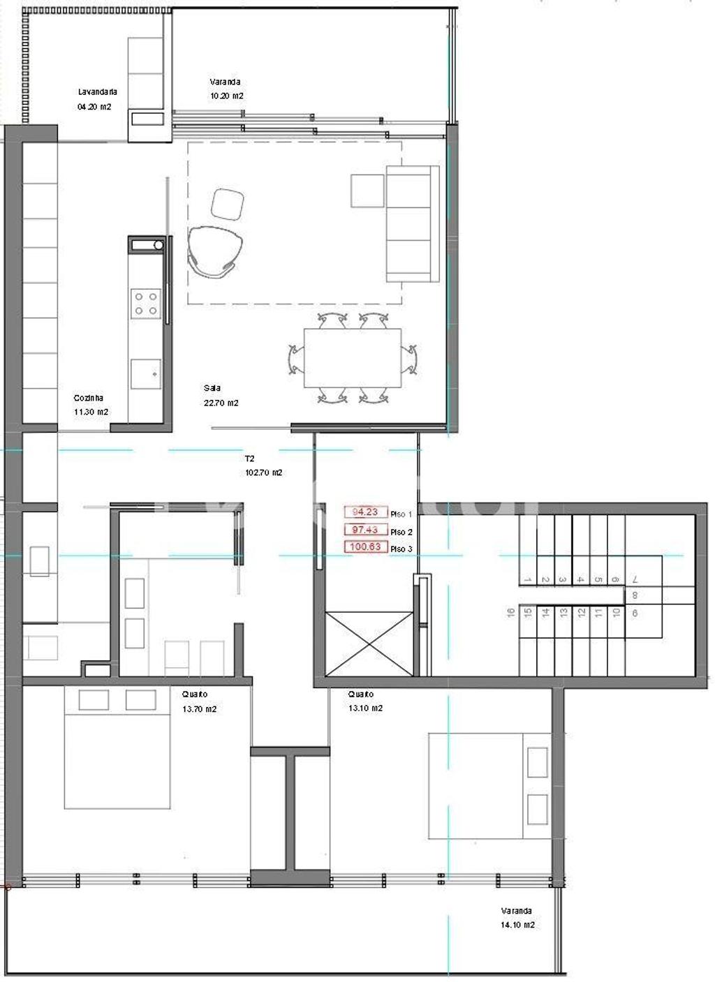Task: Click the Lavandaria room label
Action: tap(97, 91)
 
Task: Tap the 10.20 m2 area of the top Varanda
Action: tap(226, 96)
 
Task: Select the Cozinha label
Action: tap(89, 398)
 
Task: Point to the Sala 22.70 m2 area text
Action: tap(221, 403)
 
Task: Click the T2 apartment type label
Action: tap(249, 459)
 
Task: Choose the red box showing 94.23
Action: tap(365, 512)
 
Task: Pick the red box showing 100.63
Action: tap(365, 546)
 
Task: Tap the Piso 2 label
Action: tap(401, 532)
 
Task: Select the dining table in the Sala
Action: tap(353, 358)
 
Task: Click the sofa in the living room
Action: tap(412, 224)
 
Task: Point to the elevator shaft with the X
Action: tap(369, 643)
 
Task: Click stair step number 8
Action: tap(634, 596)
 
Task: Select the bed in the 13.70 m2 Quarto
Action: tap(117, 747)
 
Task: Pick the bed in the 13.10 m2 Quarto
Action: tap(489, 785)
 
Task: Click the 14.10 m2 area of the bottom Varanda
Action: tap(517, 925)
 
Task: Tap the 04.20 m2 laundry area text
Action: tap(94, 107)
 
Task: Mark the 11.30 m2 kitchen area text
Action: tap(91, 412)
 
